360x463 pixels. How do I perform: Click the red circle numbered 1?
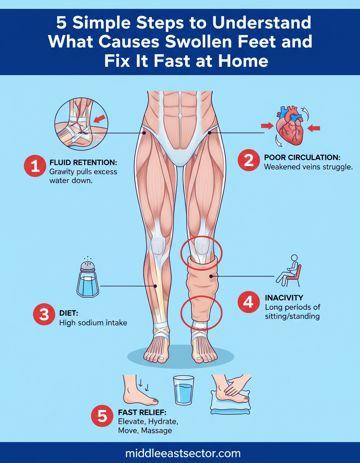pos(35,166)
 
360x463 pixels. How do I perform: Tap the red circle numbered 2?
pos(249,160)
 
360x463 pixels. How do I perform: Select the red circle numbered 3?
pos(44,314)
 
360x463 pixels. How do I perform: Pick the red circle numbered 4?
pos(249,302)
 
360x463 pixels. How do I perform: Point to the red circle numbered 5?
pos(102,416)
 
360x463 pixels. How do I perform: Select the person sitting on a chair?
pos(288,271)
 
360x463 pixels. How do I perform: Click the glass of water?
pos(184,390)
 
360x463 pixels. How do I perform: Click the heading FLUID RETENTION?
pos(84,162)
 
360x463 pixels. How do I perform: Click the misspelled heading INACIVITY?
pos(284,298)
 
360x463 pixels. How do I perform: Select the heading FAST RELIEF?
pos(142,412)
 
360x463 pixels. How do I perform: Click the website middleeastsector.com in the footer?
pos(183,453)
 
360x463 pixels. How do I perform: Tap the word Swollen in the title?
pos(196,42)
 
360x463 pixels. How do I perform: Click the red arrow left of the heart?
pos(267,126)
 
